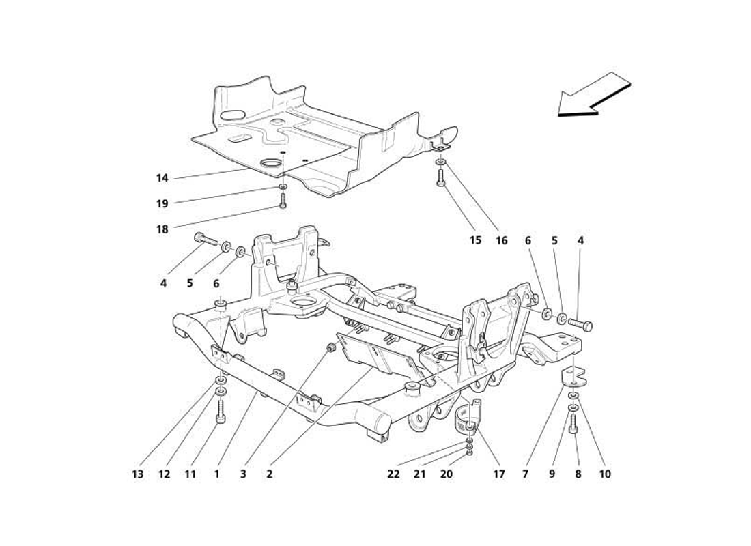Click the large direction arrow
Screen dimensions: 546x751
(593, 95)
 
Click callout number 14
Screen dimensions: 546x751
(162, 179)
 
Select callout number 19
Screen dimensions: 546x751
(162, 203)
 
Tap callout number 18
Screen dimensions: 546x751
(162, 230)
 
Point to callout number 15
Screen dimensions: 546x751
(475, 240)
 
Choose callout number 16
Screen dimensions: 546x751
(502, 240)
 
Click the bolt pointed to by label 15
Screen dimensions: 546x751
(440, 179)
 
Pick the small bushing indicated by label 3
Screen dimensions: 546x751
(332, 348)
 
